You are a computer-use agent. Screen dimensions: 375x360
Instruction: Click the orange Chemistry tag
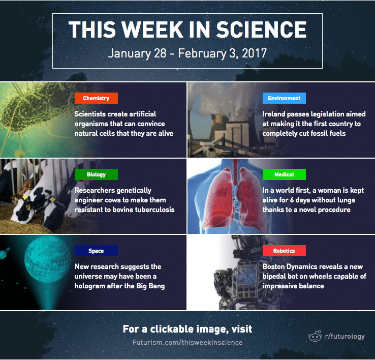[96, 98]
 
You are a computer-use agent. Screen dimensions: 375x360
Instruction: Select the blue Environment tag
[284, 98]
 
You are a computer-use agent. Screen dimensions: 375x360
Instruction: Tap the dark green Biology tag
[96, 174]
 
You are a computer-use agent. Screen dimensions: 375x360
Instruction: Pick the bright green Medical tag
[284, 174]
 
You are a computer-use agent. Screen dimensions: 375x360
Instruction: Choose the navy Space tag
[96, 251]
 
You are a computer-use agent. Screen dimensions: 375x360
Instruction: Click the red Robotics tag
[284, 251]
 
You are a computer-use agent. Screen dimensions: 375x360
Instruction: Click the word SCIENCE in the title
[261, 29]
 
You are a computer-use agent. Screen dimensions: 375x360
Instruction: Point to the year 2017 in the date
[254, 53]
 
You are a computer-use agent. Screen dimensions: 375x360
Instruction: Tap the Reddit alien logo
[315, 336]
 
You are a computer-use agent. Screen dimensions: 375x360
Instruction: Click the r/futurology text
[345, 336]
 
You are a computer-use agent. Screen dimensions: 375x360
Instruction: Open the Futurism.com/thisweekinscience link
[188, 342]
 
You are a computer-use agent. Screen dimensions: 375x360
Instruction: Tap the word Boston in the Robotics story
[273, 266]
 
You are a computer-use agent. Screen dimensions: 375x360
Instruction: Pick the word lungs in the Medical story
[344, 200]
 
